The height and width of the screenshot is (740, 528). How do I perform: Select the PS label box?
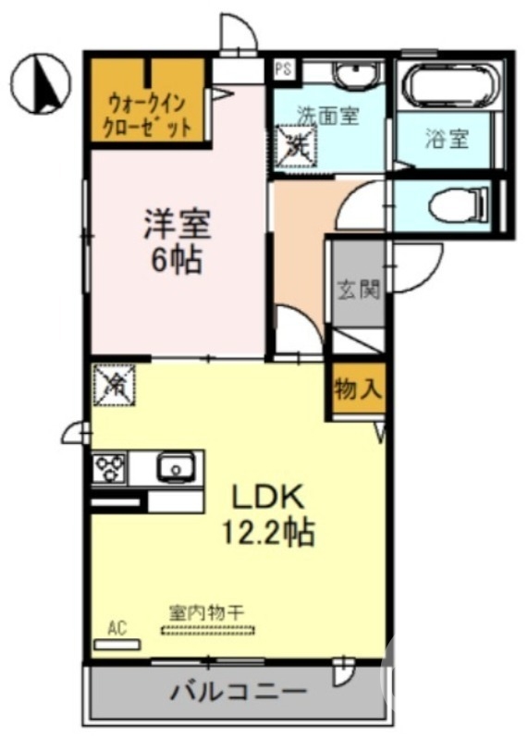point(282,68)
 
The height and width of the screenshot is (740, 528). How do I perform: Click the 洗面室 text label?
point(327,115)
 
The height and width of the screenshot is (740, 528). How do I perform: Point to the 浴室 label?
point(447,140)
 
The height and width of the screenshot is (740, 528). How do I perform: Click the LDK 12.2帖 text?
point(268,513)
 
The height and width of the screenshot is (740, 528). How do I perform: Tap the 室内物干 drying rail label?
point(207,611)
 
